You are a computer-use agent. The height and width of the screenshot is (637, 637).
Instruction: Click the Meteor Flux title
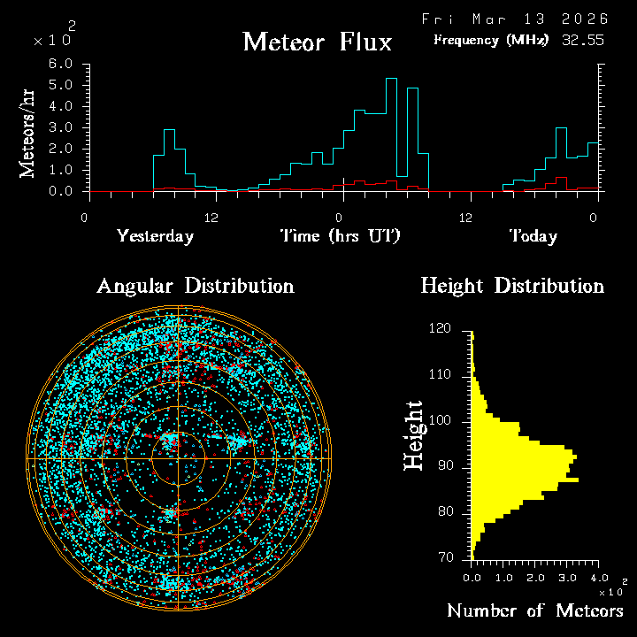[x=317, y=42]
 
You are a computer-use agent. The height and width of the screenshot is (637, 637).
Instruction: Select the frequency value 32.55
[x=584, y=40]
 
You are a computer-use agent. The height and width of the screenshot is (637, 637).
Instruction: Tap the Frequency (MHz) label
[x=491, y=40]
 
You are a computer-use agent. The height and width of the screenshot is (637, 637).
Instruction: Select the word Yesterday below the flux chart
[x=155, y=236]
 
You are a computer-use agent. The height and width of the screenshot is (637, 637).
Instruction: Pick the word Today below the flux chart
[x=533, y=236]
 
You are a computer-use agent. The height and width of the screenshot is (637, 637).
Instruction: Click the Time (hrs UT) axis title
[x=341, y=236]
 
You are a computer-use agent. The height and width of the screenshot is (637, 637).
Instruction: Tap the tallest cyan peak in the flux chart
[x=391, y=80]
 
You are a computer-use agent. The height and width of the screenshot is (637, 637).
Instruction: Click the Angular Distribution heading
[x=195, y=286]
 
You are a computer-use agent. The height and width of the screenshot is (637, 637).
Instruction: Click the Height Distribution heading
[x=512, y=286]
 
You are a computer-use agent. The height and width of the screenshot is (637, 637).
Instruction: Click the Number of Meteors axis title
[x=534, y=611]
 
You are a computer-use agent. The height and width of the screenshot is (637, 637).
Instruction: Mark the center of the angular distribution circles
[x=179, y=459]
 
